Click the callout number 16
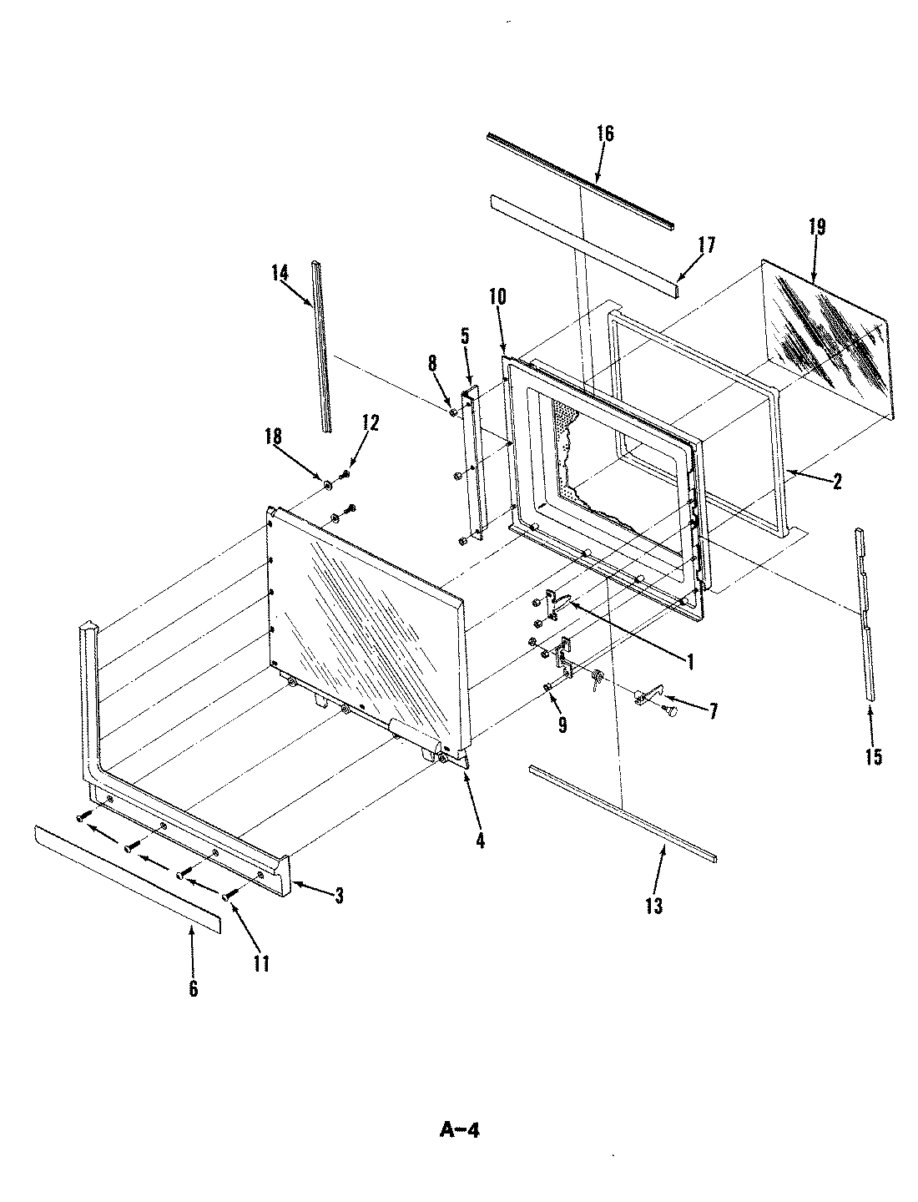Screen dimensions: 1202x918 click(x=605, y=134)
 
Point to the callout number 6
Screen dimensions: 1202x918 click(x=193, y=988)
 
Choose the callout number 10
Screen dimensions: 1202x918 click(x=498, y=296)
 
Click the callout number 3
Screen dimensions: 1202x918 click(x=338, y=896)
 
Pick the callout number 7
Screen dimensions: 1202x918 click(x=713, y=712)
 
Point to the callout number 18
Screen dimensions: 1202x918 click(x=274, y=437)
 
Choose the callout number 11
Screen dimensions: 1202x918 click(x=261, y=963)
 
